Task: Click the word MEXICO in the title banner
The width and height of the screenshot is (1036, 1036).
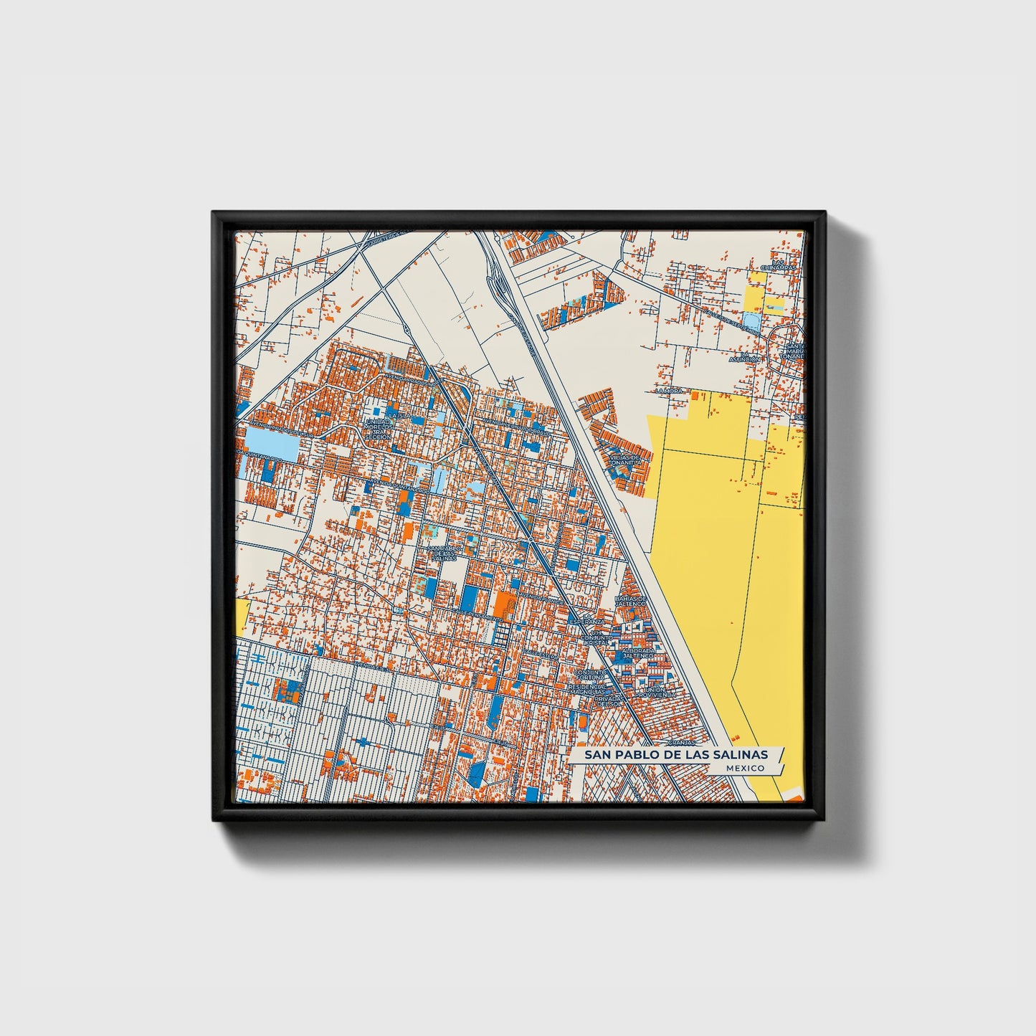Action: [744, 768]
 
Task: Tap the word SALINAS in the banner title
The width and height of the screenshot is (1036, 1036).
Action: [741, 755]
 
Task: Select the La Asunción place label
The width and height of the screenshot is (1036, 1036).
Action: [745, 357]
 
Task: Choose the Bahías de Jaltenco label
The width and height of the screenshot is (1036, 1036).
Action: [631, 601]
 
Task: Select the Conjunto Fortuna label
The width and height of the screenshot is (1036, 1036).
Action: [589, 675]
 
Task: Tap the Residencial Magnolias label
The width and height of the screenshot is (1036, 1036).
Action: [587, 688]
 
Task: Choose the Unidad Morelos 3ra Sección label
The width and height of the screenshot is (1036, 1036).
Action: [377, 429]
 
